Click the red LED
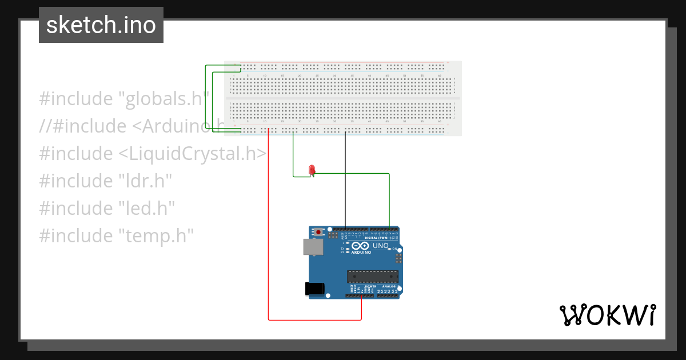[312, 169]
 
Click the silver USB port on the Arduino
[312, 247]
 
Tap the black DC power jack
[315, 289]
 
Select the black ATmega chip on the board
[372, 277]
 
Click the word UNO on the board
[380, 246]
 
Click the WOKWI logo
[607, 315]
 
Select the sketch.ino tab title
[101, 25]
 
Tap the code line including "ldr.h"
[106, 181]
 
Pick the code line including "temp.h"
[117, 235]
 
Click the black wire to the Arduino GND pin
[345, 183]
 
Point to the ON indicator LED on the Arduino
[389, 249]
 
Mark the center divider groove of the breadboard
[342, 98]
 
